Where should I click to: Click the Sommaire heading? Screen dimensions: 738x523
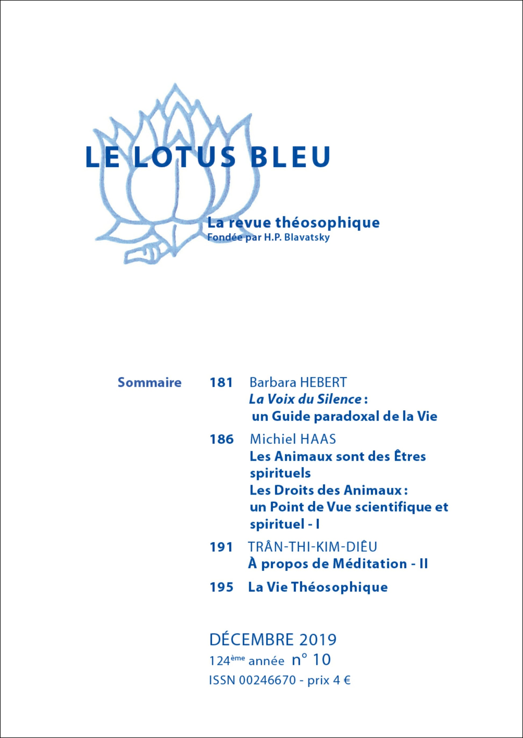[149, 383]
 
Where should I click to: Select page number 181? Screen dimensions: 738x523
[221, 383]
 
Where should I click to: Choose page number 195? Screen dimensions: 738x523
[221, 587]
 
